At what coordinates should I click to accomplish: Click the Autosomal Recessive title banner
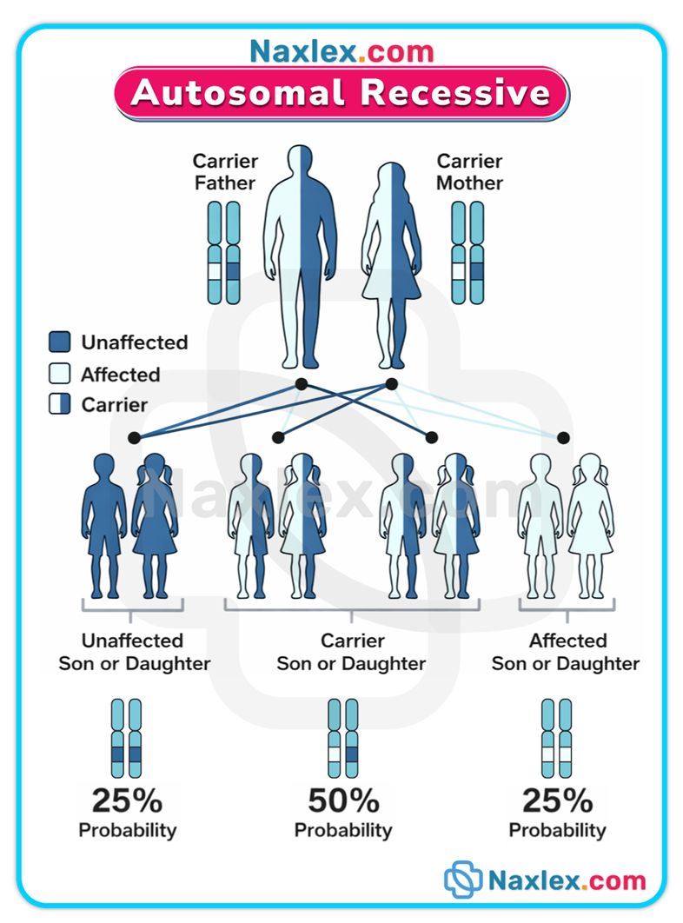(x=341, y=93)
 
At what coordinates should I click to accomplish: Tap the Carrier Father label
(x=225, y=172)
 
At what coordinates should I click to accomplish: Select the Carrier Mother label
(x=470, y=172)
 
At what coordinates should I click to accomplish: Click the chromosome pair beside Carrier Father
(x=223, y=253)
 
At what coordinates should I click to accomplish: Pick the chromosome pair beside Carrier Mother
(x=467, y=253)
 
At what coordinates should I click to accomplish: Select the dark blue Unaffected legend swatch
(x=60, y=342)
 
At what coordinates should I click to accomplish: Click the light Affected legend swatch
(x=60, y=375)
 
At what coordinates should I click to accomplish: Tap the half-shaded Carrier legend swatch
(x=60, y=404)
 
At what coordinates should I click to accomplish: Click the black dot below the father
(x=302, y=384)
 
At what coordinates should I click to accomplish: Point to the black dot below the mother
(x=391, y=384)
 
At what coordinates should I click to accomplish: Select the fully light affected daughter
(x=590, y=525)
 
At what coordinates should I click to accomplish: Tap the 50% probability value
(x=343, y=800)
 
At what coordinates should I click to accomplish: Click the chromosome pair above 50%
(x=343, y=738)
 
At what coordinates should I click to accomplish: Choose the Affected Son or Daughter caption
(x=567, y=652)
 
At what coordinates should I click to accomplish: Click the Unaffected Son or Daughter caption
(x=134, y=652)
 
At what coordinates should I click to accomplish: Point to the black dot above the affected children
(x=563, y=437)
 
